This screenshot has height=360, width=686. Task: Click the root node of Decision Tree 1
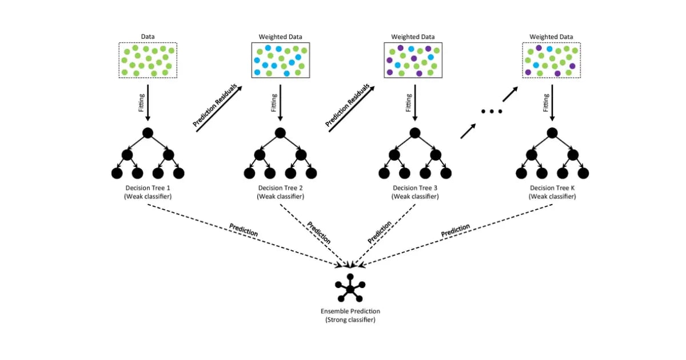(x=147, y=133)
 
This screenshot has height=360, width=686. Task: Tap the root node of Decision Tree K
(x=551, y=133)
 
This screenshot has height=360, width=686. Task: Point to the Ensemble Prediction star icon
(x=349, y=288)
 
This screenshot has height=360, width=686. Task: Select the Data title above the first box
(x=147, y=37)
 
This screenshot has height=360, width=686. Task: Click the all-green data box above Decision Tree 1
(x=148, y=61)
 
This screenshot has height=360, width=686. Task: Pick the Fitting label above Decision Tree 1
(x=141, y=102)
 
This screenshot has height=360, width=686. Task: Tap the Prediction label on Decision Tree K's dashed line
(x=456, y=231)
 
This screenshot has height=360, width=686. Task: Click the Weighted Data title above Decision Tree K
(x=551, y=37)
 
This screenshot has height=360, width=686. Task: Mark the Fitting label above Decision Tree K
(x=545, y=102)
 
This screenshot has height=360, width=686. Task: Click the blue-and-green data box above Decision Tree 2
(x=280, y=61)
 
